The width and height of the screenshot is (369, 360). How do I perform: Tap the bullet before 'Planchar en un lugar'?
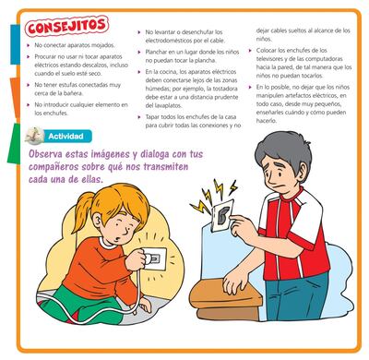(x=139, y=66)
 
